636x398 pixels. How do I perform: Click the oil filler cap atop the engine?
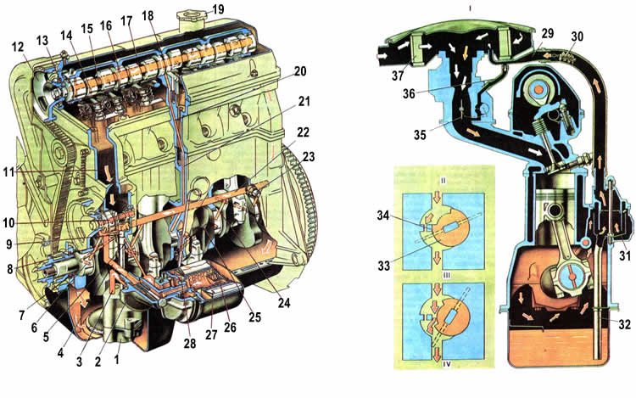187,18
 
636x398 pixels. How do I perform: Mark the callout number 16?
107,26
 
